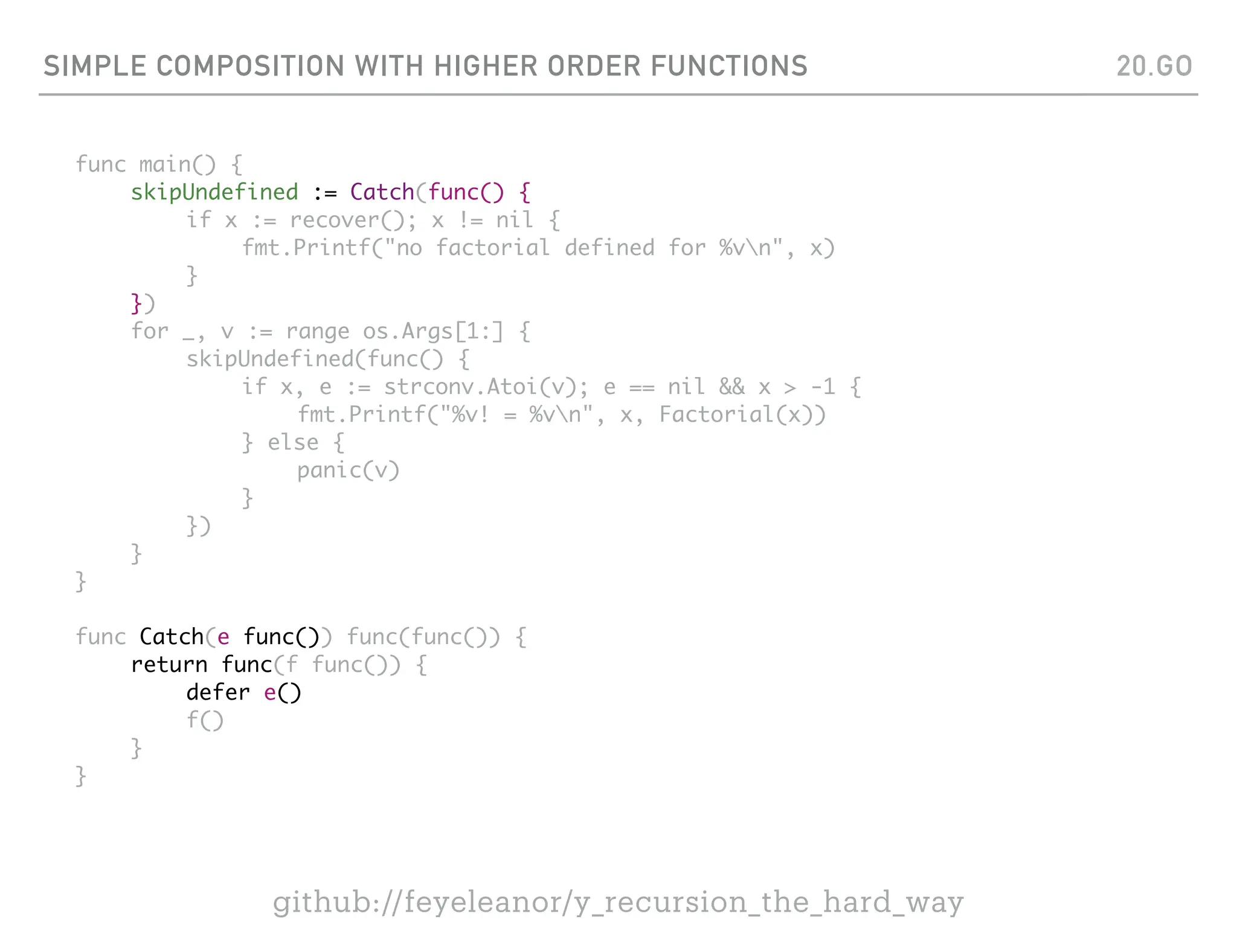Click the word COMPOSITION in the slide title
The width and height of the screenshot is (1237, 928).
[251, 66]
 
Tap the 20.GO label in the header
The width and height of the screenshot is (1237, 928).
[1154, 66]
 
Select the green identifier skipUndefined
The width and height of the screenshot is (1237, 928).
[214, 192]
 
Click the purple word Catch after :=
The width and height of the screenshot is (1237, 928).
[382, 192]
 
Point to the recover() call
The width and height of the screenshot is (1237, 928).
[352, 220]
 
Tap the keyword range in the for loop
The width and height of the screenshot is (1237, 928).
[318, 331]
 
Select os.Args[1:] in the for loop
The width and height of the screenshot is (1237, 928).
[432, 331]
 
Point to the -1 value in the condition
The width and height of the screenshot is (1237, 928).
[823, 387]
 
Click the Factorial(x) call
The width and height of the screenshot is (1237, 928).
[742, 414]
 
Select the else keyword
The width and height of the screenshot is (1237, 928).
[293, 442]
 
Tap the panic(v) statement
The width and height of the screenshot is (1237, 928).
[348, 470]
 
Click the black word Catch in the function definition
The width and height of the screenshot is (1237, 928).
[172, 637]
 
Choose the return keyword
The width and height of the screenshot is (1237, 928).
[169, 665]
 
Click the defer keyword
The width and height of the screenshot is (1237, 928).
[217, 692]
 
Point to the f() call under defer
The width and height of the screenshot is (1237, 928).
[205, 720]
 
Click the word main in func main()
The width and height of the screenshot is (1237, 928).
[164, 164]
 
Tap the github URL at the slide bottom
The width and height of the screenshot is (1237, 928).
[618, 901]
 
